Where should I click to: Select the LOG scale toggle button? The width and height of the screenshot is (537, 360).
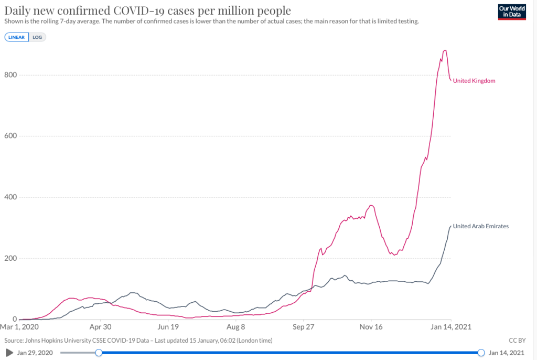pos(37,37)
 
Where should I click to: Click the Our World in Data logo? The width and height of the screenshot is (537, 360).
pos(512,12)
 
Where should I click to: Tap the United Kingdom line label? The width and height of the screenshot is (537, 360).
pos(474,81)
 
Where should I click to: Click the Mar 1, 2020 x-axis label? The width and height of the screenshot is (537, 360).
pos(19,326)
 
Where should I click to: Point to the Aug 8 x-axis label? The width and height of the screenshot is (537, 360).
pos(236,326)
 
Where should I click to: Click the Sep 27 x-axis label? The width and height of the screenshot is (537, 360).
pos(303,326)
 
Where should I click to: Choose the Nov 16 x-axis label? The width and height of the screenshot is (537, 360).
pos(371,326)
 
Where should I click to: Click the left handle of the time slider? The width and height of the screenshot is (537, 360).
pos(99,353)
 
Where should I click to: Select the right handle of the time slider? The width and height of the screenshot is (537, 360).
pos(481,353)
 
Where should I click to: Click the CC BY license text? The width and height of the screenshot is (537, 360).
pos(517,340)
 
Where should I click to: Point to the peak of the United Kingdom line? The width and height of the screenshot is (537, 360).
pos(445,50)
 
